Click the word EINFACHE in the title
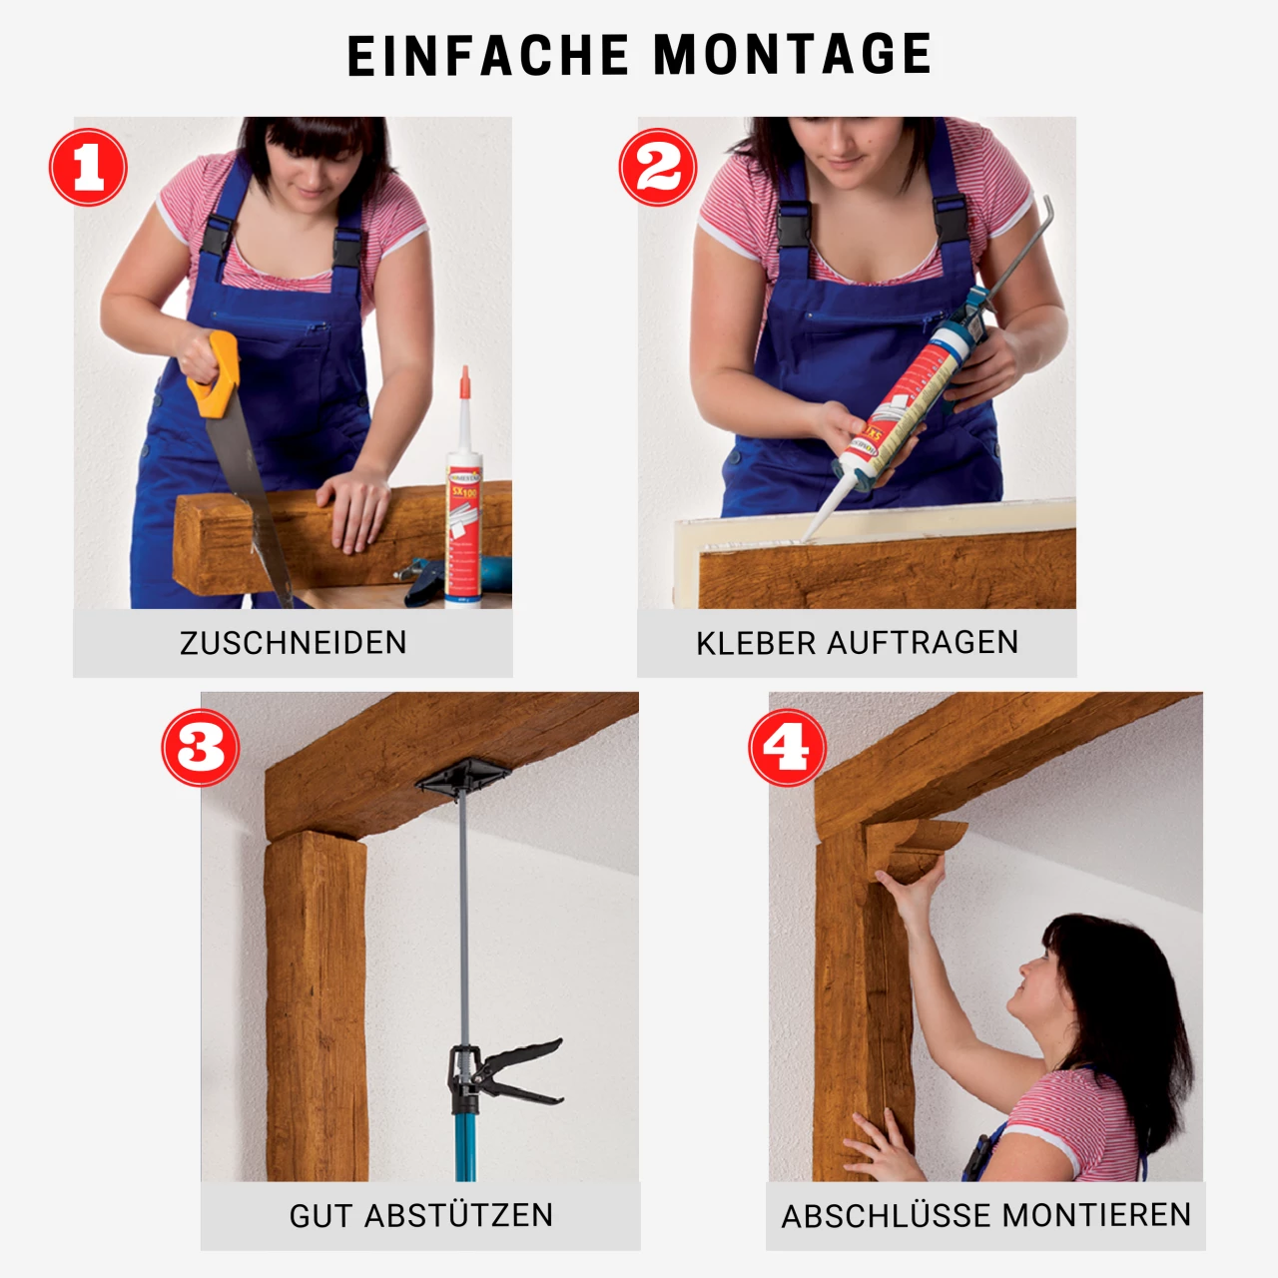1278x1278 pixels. click(488, 55)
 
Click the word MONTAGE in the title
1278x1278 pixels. click(793, 55)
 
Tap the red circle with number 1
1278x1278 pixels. click(88, 167)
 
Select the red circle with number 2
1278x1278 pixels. click(657, 167)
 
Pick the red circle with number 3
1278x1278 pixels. click(201, 748)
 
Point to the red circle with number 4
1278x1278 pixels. click(788, 748)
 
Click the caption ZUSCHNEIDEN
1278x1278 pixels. click(293, 643)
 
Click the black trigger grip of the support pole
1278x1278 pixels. click(509, 1073)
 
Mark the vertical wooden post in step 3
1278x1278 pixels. click(316, 1008)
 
